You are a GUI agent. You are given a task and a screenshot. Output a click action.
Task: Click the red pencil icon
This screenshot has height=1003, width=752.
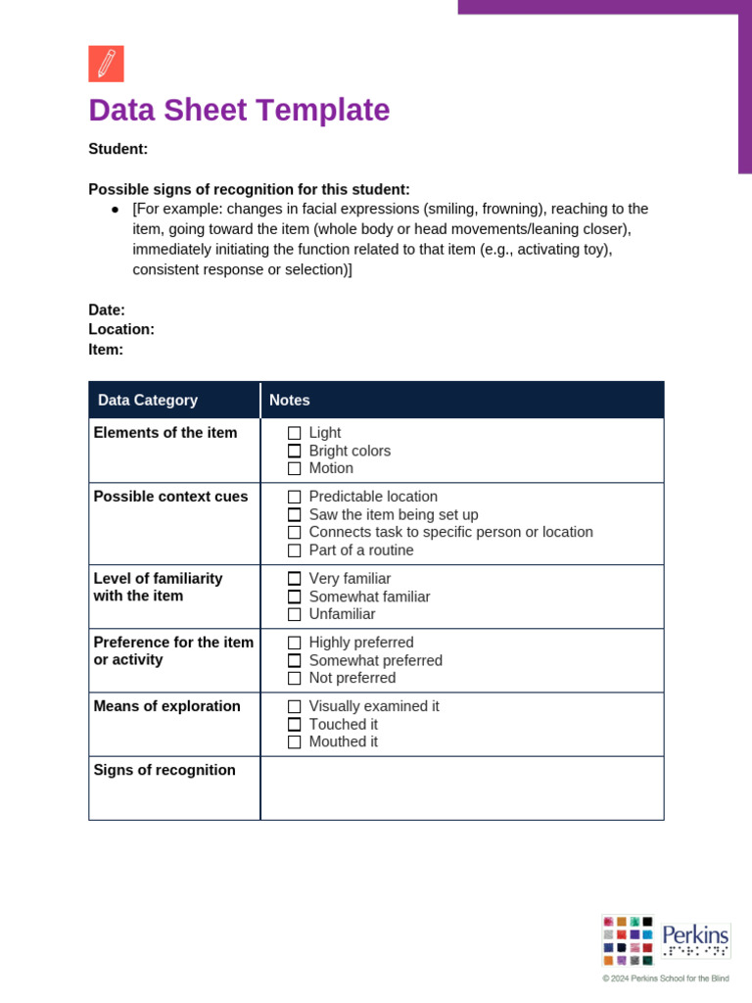(106, 64)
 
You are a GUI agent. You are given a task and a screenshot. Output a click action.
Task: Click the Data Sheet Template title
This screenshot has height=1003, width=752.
(239, 111)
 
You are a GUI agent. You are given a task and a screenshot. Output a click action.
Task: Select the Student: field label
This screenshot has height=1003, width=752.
(117, 149)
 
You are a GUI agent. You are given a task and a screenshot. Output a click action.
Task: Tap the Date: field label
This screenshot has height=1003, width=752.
(107, 310)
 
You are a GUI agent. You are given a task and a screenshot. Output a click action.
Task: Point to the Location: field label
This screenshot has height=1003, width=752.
(121, 329)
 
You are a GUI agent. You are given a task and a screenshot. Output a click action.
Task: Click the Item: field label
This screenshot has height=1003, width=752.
(106, 350)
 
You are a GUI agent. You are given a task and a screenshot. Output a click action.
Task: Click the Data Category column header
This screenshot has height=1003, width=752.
(148, 400)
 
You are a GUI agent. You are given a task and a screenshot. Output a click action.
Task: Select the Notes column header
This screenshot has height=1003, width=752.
(290, 400)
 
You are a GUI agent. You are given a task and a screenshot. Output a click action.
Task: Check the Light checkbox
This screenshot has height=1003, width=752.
(295, 433)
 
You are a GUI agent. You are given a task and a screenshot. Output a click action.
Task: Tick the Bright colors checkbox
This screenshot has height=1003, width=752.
(295, 452)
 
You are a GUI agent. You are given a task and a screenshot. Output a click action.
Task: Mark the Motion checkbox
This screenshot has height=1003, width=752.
(295, 469)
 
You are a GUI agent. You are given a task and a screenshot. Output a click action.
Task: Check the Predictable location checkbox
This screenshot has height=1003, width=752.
(295, 498)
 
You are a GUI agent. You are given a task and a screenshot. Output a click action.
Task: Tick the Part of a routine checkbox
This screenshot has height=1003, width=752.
(295, 550)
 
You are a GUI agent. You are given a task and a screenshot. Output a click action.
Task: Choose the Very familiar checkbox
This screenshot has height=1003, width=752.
(295, 579)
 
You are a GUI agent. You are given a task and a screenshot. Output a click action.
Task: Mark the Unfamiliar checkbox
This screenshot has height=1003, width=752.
(295, 615)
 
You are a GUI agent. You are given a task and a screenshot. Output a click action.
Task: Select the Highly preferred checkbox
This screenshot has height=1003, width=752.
(295, 644)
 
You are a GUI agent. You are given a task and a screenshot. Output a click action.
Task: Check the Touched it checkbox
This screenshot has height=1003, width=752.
(295, 725)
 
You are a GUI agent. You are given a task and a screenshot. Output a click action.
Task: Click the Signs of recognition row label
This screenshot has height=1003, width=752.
(164, 770)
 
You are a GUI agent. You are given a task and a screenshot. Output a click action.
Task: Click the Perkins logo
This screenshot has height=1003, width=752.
(666, 940)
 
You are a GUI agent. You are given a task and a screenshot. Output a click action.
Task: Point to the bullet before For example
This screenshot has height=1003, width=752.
(115, 210)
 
